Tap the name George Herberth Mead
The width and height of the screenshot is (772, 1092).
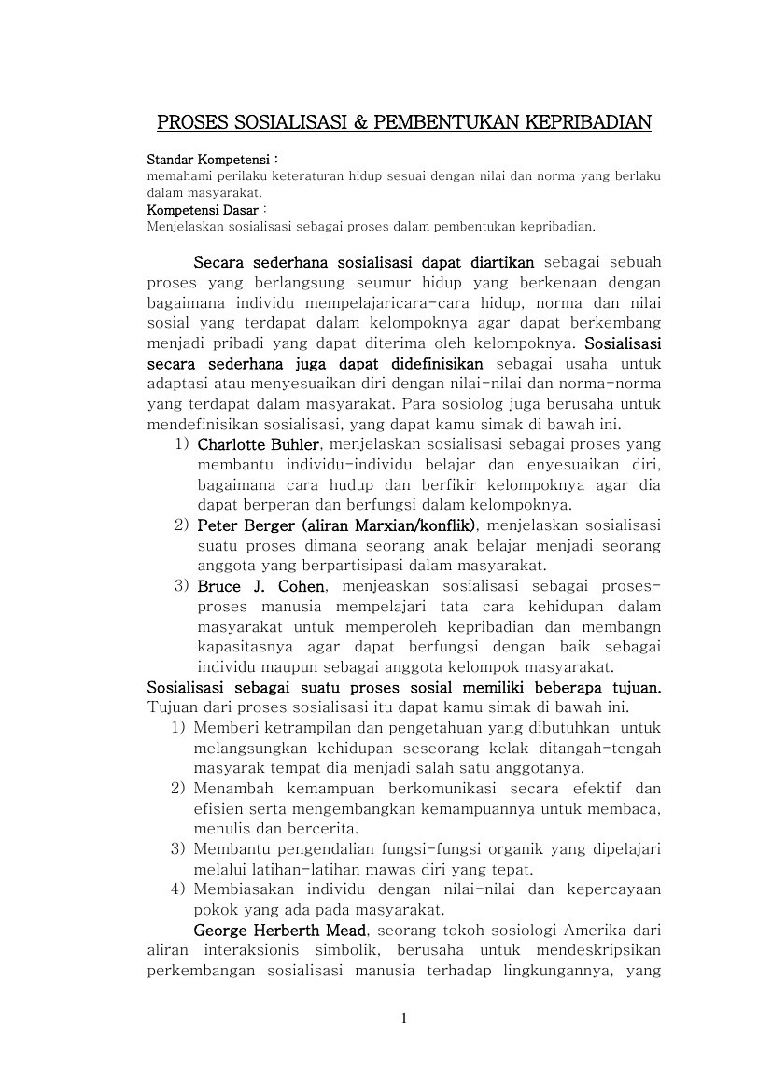(x=281, y=931)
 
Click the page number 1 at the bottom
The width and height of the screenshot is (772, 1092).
(x=403, y=1018)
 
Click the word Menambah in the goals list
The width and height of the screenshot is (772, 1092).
(x=234, y=789)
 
